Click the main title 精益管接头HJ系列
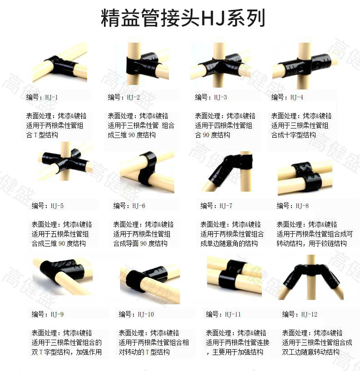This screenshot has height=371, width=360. coord(182,18)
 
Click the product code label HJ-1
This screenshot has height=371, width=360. coord(51,97)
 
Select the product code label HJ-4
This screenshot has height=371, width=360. coord(296,97)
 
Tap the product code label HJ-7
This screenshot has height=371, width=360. coord(226,206)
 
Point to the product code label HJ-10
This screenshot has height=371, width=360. coord(146,314)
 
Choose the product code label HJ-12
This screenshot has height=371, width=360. coord(309,314)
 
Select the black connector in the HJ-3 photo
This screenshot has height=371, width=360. coord(221,64)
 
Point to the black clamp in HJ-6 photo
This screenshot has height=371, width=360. coord(147,168)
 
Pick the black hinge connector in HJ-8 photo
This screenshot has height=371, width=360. coord(306,176)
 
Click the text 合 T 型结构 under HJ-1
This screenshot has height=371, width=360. coord(42,135)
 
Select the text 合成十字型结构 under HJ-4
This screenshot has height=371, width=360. coord(293,135)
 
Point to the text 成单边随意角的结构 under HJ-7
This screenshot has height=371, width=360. coord(229,244)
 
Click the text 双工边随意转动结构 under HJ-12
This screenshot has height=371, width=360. coord(311,352)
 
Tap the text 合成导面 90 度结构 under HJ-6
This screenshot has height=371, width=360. coord(140,244)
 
